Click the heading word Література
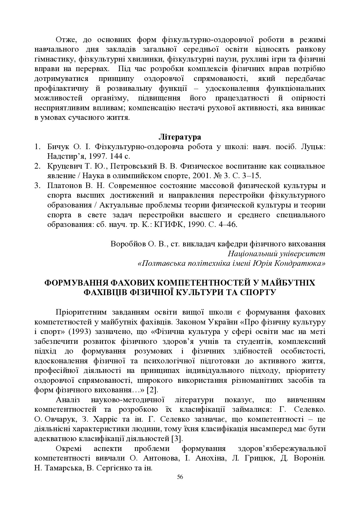(x=180, y=136)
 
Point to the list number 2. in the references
(x=37, y=166)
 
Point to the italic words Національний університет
(x=276, y=254)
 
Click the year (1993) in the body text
(x=69, y=331)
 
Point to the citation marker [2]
(x=152, y=389)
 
